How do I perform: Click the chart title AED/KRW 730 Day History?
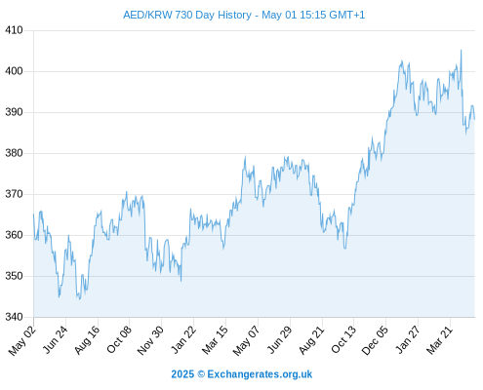click(x=187, y=15)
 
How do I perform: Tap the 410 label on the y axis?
click(x=14, y=30)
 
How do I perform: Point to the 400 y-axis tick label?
click(x=14, y=71)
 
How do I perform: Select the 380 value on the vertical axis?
click(x=14, y=153)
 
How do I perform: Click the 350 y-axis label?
click(x=14, y=276)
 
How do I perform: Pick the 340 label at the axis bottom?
click(x=14, y=317)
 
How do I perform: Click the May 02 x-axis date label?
click(x=21, y=340)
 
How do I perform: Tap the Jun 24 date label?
click(x=56, y=339)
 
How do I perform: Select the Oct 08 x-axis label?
click(x=119, y=339)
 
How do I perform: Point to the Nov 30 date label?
click(x=150, y=340)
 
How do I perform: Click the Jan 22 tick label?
click(x=183, y=339)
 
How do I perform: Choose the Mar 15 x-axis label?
click(x=215, y=340)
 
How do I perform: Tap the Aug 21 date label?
click(x=311, y=340)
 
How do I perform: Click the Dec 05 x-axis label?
click(x=375, y=340)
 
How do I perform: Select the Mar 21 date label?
click(x=440, y=340)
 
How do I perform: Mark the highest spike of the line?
click(x=461, y=50)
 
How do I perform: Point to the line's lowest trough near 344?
click(x=79, y=299)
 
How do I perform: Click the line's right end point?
click(x=474, y=119)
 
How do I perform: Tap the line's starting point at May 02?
click(x=33, y=214)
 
